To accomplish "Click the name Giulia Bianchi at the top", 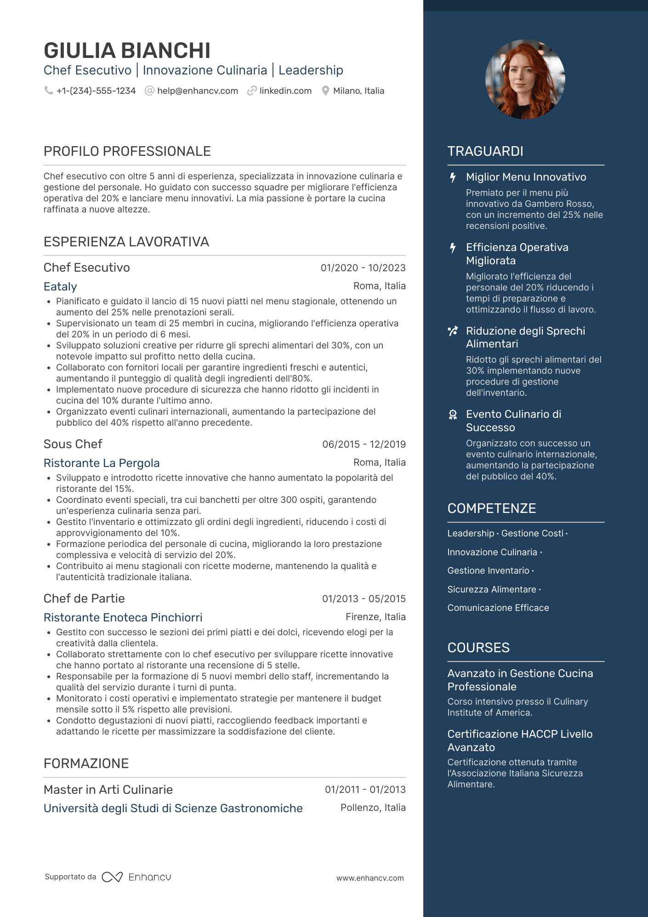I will point(127,51).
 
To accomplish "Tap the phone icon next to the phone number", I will point(48,91).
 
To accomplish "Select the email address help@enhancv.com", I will point(197,91).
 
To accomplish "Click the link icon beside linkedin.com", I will point(251,91).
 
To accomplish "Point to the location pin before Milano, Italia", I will point(325,91).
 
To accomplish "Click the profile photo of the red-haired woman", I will point(525,79).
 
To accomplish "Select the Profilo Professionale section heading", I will point(127,151).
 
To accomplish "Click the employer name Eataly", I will point(60,287).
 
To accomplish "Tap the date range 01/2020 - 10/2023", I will point(363,268).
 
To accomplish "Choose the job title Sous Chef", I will point(73,444).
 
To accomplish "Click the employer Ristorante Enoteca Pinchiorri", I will point(123,617).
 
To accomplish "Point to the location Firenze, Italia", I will point(375,617).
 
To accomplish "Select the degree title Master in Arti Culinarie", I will point(108,790).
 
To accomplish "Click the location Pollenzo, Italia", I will point(373,808).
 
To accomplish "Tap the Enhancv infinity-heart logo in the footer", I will point(112,877).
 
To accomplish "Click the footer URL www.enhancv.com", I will point(370,878).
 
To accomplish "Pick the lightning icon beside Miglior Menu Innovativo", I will point(453,177).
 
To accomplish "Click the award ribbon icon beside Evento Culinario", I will point(453,415).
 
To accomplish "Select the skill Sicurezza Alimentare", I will point(492,589).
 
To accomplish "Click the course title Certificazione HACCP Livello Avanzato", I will point(520,740).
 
